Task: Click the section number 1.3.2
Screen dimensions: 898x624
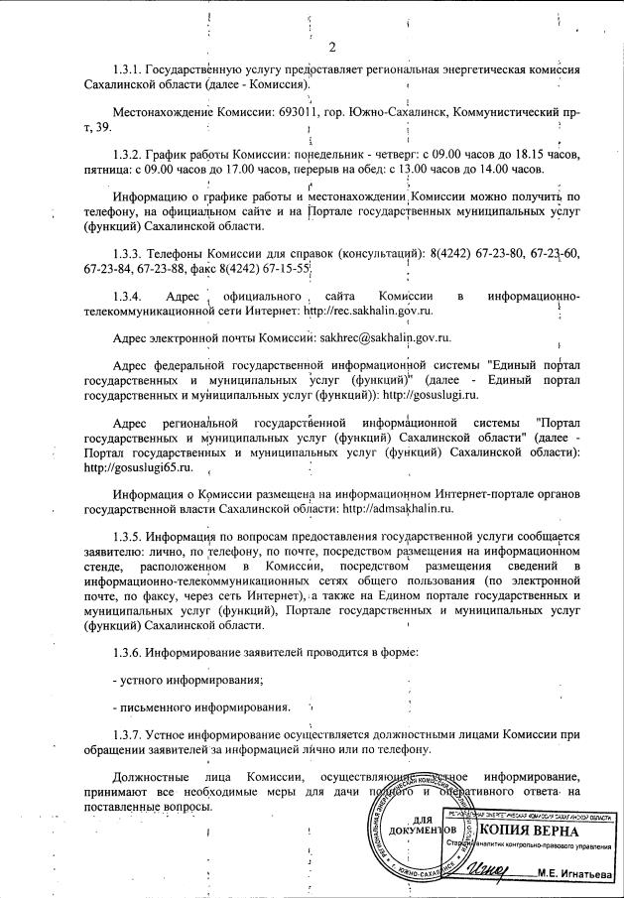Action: (128, 157)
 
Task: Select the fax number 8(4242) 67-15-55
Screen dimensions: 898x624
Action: (267, 268)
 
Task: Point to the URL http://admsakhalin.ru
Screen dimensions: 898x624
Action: (397, 508)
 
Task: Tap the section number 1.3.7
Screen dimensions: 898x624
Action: (128, 735)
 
